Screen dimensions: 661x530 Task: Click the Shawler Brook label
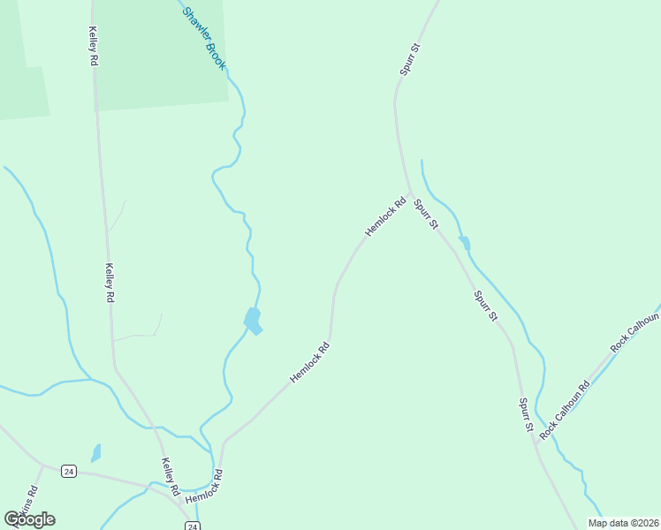205,40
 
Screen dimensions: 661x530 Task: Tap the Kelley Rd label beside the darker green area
93,47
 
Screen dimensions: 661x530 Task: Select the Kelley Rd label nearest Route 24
170,476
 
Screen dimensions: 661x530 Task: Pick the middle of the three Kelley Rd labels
110,284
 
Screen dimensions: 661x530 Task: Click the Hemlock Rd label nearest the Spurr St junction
385,216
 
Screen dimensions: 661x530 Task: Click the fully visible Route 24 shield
69,472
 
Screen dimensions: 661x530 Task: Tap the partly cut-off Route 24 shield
192,526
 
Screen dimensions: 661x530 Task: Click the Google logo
29,519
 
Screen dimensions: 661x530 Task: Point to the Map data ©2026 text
622,523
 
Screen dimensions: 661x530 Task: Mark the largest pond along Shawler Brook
253,320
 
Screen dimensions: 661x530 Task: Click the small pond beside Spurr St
465,243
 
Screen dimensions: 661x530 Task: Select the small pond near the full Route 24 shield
95,453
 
